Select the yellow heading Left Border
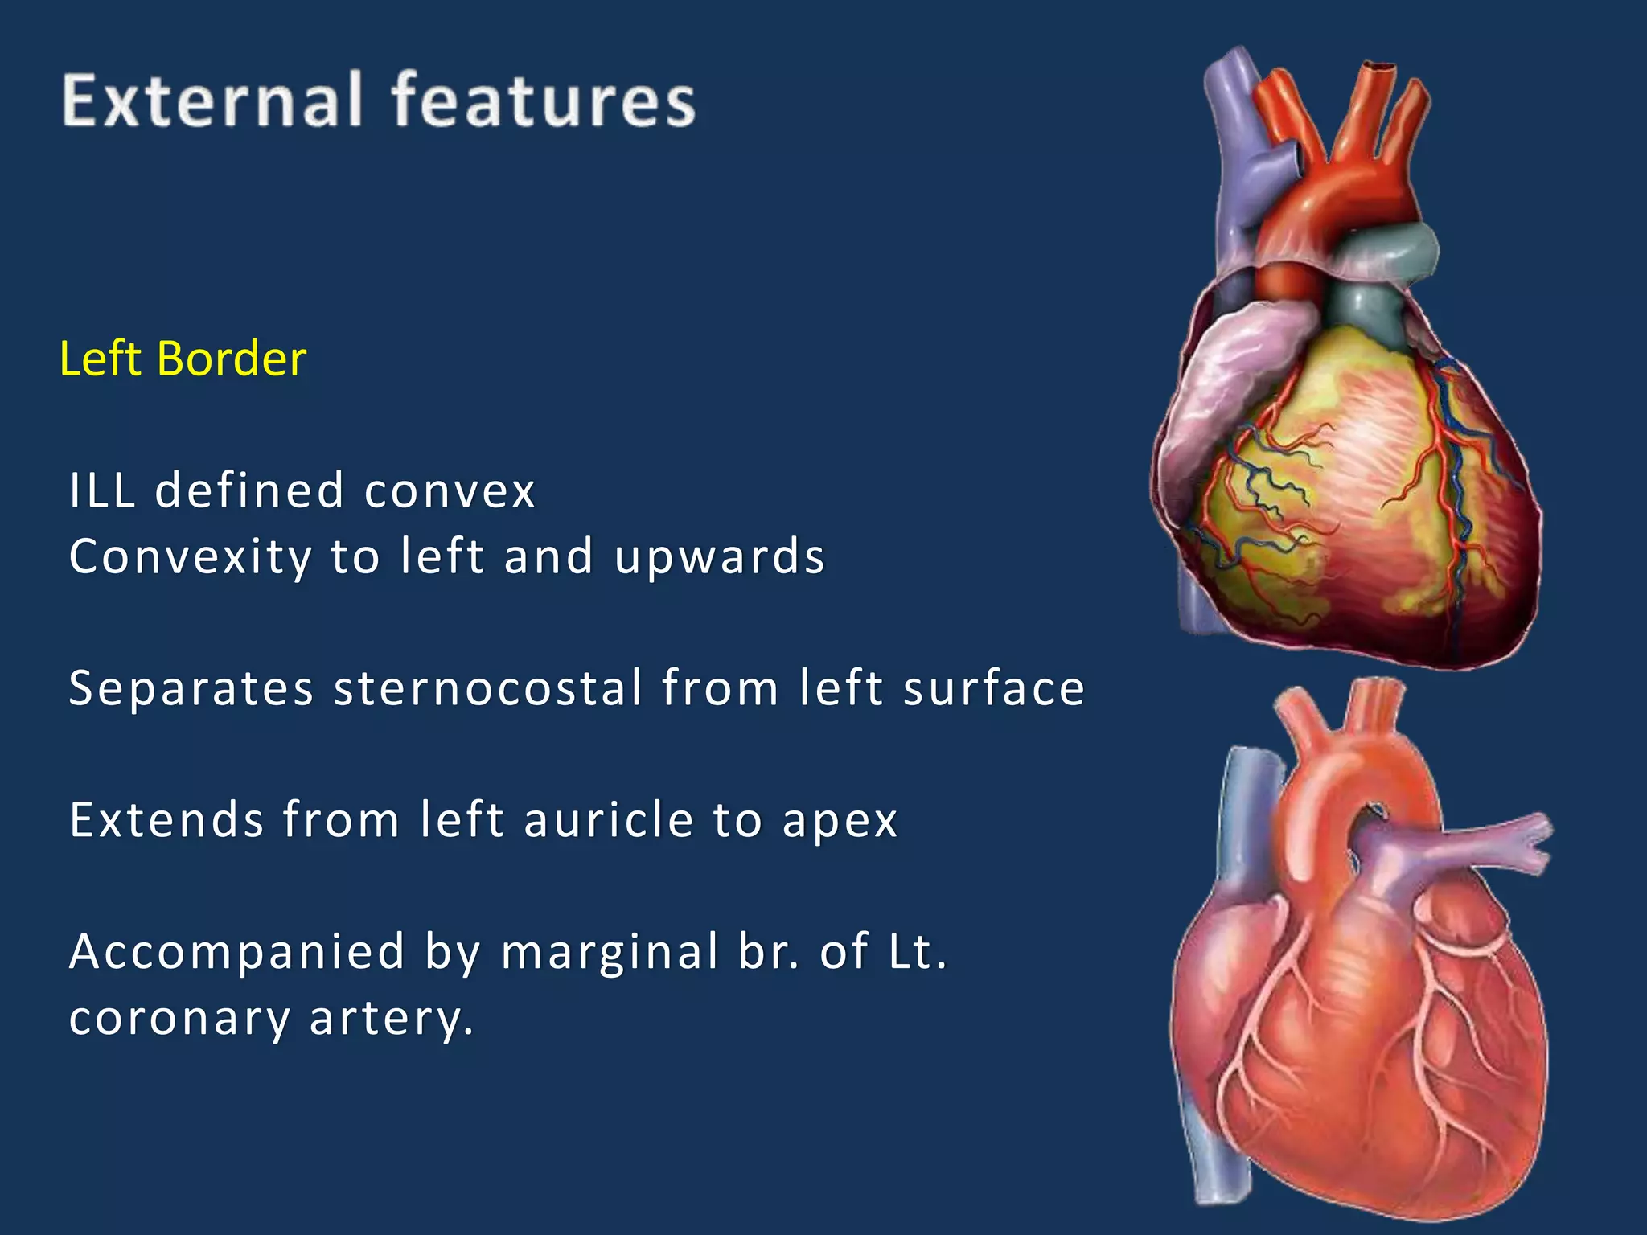tap(183, 359)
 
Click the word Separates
tap(191, 688)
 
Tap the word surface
tap(993, 688)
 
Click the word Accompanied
tap(237, 952)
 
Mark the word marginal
tap(610, 952)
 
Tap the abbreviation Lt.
tap(918, 952)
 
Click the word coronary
tap(179, 1019)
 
